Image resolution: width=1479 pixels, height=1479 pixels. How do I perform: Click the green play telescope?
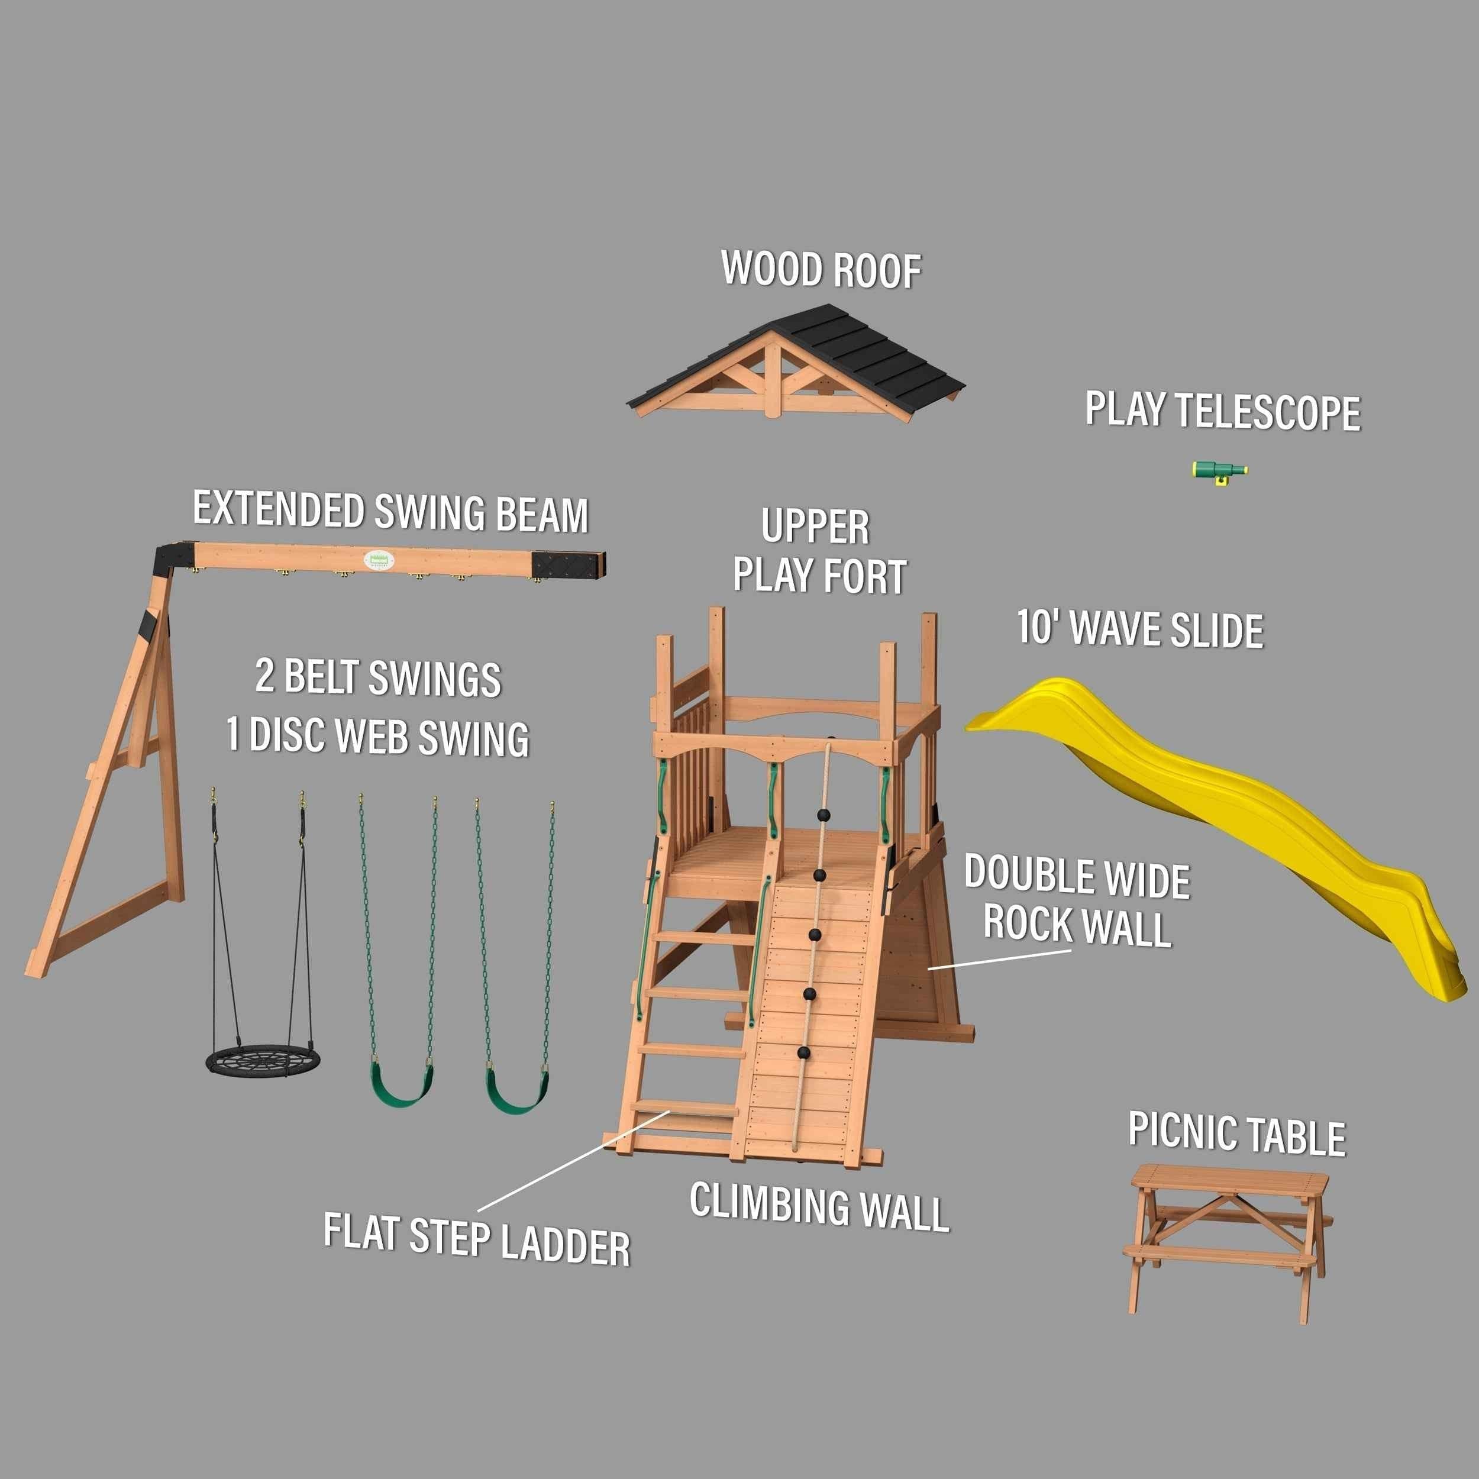pyautogui.click(x=1219, y=471)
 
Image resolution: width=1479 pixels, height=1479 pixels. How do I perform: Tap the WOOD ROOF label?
pyautogui.click(x=821, y=269)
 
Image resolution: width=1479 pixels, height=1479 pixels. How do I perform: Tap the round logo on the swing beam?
pyautogui.click(x=378, y=561)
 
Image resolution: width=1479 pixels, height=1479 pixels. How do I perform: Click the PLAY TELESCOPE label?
pyautogui.click(x=1223, y=411)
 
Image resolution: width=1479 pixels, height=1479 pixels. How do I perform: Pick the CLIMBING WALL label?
pyautogui.click(x=819, y=1206)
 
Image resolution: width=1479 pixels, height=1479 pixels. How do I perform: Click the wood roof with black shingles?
pyautogui.click(x=796, y=360)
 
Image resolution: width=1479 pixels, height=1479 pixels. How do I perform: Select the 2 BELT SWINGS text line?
pyautogui.click(x=378, y=677)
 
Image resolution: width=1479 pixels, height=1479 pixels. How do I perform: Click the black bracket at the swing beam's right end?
pyautogui.click(x=570, y=564)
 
